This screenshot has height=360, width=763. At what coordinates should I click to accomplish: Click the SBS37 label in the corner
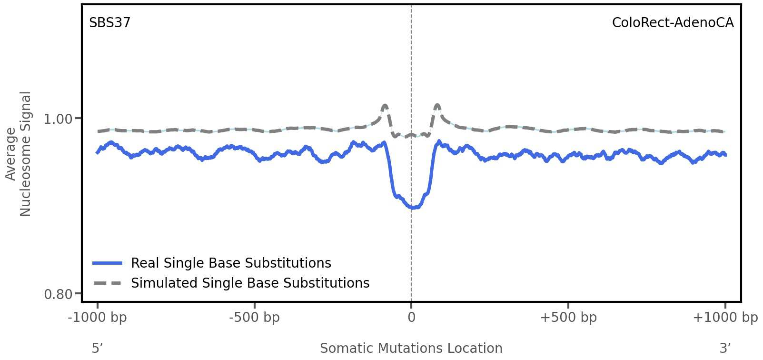point(109,23)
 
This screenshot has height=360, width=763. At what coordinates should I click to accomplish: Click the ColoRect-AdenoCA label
point(673,23)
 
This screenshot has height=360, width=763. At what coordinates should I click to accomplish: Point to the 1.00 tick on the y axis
point(58,119)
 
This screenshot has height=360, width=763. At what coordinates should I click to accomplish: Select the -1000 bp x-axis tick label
point(98,318)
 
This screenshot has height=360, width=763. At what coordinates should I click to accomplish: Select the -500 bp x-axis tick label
point(254,318)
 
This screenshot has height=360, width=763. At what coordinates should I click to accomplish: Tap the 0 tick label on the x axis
point(411,318)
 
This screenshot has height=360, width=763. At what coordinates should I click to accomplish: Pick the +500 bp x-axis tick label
point(568,318)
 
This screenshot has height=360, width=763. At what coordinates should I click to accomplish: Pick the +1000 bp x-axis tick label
point(725,318)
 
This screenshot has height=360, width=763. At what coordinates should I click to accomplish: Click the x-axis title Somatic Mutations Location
point(411,349)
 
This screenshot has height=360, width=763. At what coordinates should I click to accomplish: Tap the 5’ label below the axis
point(97,349)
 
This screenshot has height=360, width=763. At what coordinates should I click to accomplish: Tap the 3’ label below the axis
point(725,349)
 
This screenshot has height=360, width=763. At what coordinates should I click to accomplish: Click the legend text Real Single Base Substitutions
point(231,263)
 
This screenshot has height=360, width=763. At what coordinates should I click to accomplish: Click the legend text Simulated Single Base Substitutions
point(250,283)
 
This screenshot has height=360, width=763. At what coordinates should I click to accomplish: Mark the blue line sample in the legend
point(108,263)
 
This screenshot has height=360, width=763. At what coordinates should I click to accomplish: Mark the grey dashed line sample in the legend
point(108,283)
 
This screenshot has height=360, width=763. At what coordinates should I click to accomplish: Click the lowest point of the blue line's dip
point(413,208)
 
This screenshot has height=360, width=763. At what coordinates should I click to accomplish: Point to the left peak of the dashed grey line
point(385,105)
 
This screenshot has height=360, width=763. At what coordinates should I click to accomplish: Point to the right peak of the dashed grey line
point(437,105)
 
